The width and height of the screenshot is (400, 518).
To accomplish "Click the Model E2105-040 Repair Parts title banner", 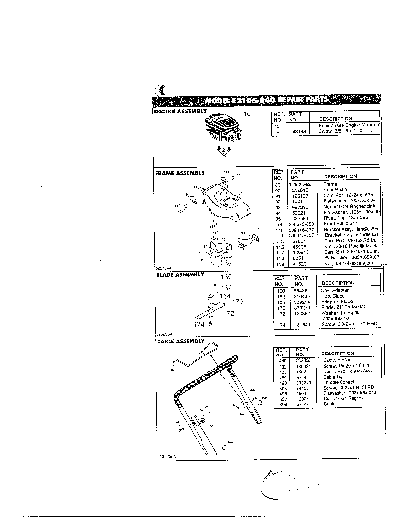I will click(266, 100).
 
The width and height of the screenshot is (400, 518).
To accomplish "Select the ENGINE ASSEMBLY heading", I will click(180, 111).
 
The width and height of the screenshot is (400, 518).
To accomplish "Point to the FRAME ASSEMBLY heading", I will click(180, 173).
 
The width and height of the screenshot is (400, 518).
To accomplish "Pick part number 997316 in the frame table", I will click(300, 207).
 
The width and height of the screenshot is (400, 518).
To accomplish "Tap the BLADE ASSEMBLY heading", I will click(180, 275).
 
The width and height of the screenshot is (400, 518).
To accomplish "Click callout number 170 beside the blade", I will click(237, 302).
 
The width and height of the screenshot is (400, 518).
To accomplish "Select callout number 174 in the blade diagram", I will click(199, 324).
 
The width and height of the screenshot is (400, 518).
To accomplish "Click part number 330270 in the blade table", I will click(302, 308).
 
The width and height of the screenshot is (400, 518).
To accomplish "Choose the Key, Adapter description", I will click(335, 290).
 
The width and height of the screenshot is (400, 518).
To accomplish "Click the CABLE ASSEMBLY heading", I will click(181, 341).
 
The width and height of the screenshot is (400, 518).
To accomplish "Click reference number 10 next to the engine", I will click(247, 114).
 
